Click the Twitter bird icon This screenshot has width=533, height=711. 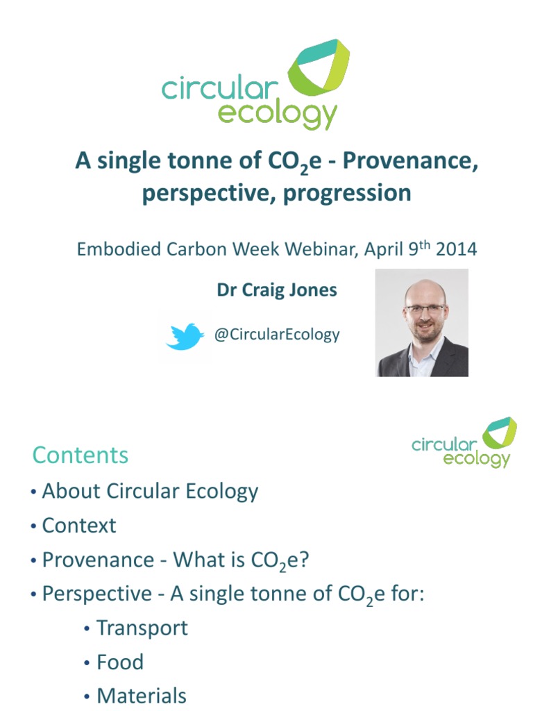(185, 336)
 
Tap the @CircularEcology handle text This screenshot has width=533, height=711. (277, 335)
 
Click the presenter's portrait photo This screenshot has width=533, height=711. (422, 323)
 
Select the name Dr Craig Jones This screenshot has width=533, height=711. (277, 290)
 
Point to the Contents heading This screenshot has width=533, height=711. (81, 455)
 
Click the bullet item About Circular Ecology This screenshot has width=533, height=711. (150, 492)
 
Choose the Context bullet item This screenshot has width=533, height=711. (79, 526)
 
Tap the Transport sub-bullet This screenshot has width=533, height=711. (142, 628)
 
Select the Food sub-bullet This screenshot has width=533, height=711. (120, 662)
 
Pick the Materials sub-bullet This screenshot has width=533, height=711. (142, 696)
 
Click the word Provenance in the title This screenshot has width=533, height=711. (409, 162)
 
